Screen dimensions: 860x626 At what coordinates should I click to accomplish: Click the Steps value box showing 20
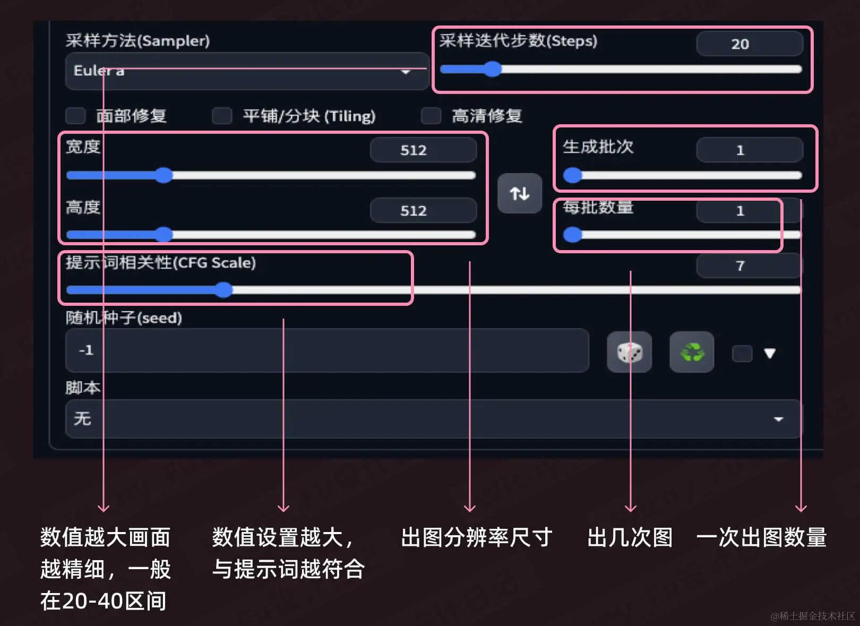coord(749,44)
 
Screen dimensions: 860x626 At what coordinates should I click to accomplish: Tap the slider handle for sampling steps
coord(493,69)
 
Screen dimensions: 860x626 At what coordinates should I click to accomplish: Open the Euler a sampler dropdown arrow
coord(406,72)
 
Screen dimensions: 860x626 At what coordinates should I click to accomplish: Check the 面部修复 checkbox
coord(75,116)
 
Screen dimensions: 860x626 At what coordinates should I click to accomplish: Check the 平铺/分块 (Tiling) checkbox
coord(222,116)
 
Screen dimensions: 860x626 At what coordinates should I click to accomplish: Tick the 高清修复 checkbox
coord(431,116)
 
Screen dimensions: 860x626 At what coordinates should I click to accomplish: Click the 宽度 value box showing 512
coord(423,150)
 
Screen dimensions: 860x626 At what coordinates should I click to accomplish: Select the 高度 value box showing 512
coord(423,211)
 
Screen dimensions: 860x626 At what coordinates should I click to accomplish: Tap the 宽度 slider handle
coord(164,175)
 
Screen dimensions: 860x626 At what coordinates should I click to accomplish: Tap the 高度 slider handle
coord(164,235)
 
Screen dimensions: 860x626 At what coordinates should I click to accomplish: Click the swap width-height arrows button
coord(519,193)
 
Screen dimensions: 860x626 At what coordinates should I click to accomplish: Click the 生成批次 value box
coord(749,150)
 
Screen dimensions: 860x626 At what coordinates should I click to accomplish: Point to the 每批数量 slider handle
coord(572,235)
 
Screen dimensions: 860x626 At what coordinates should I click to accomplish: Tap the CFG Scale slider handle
coord(223,290)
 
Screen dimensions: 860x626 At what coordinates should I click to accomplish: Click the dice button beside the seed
coord(629,352)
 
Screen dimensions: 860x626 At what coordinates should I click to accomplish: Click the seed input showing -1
coord(326,350)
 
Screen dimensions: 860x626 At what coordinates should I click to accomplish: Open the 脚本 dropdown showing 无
coord(433,419)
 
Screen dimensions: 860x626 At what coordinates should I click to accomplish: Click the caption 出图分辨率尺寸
coord(476,537)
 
